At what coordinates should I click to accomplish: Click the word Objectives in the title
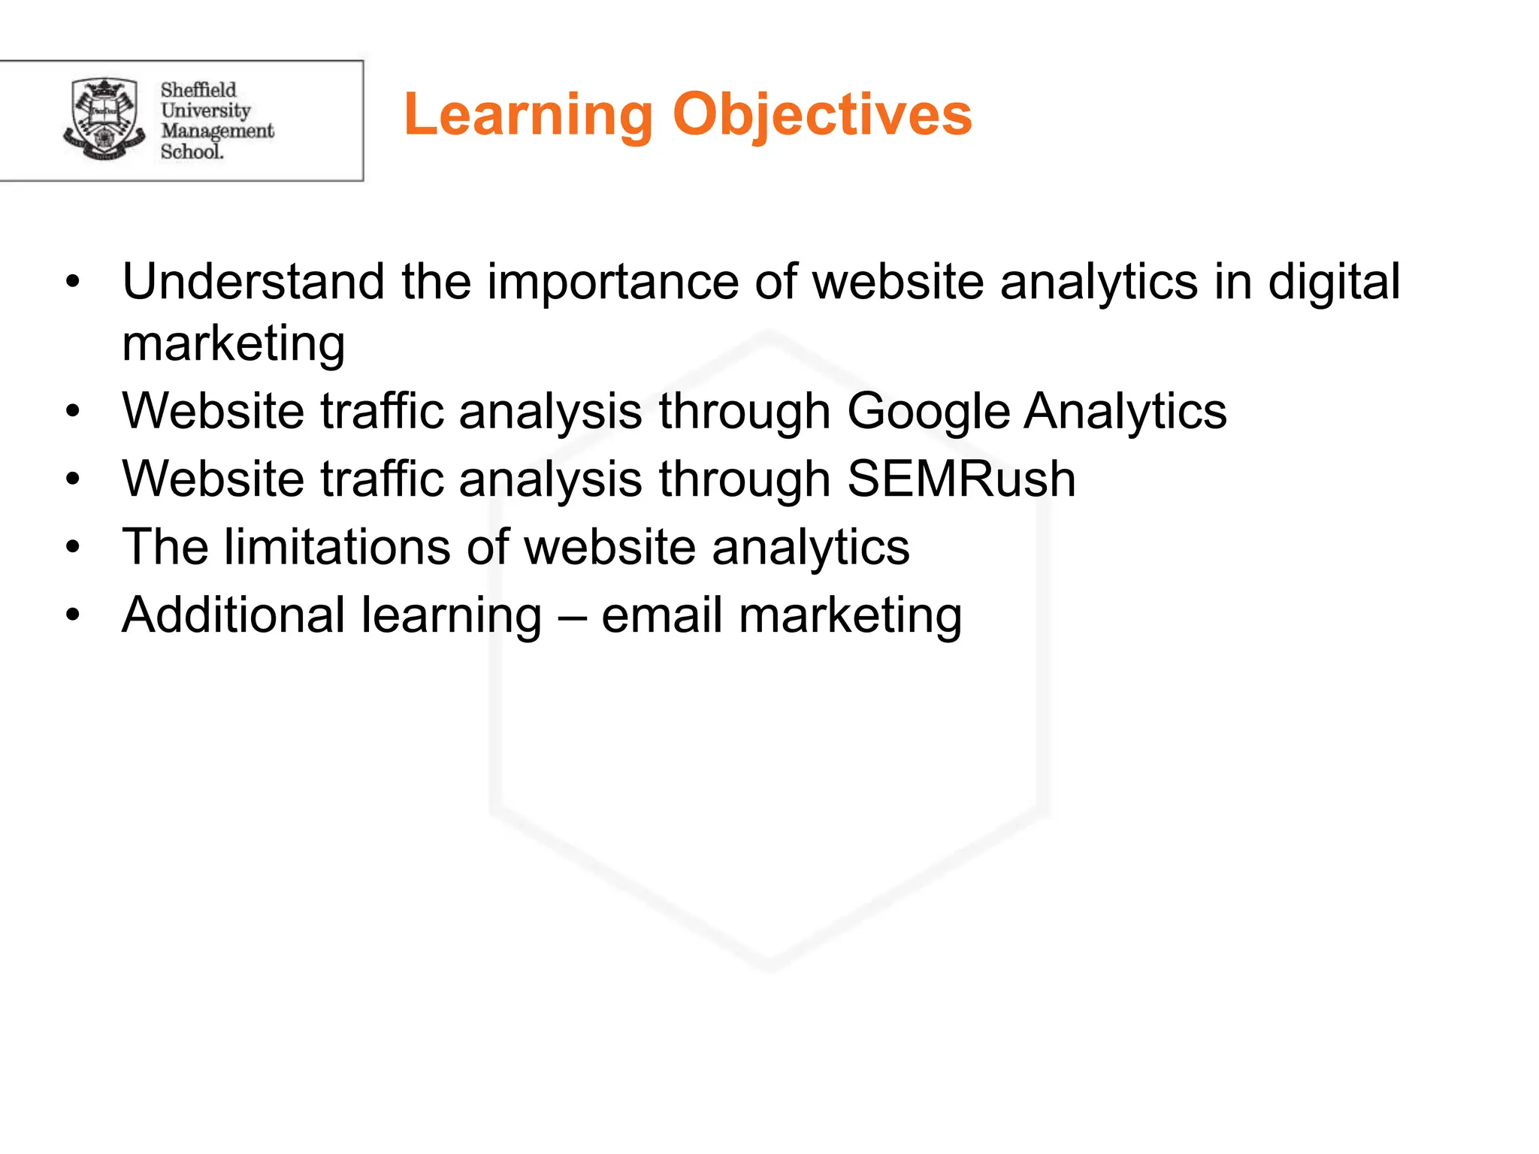pos(822,115)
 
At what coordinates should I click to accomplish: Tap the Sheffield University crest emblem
pos(104,119)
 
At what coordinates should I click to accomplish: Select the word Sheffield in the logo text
pos(198,90)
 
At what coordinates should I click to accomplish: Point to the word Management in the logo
pos(217,131)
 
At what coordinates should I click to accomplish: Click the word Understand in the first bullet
pos(253,282)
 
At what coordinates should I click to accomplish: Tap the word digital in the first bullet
pos(1334,282)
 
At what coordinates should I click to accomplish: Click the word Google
pos(928,412)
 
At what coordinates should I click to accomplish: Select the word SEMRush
pos(961,479)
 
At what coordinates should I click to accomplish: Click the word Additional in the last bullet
pos(234,615)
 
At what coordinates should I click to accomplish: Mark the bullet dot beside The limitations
pos(72,548)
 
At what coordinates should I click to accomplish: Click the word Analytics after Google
pos(1125,412)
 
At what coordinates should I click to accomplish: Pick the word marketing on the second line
pos(234,344)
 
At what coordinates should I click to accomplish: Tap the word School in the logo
pos(192,152)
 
